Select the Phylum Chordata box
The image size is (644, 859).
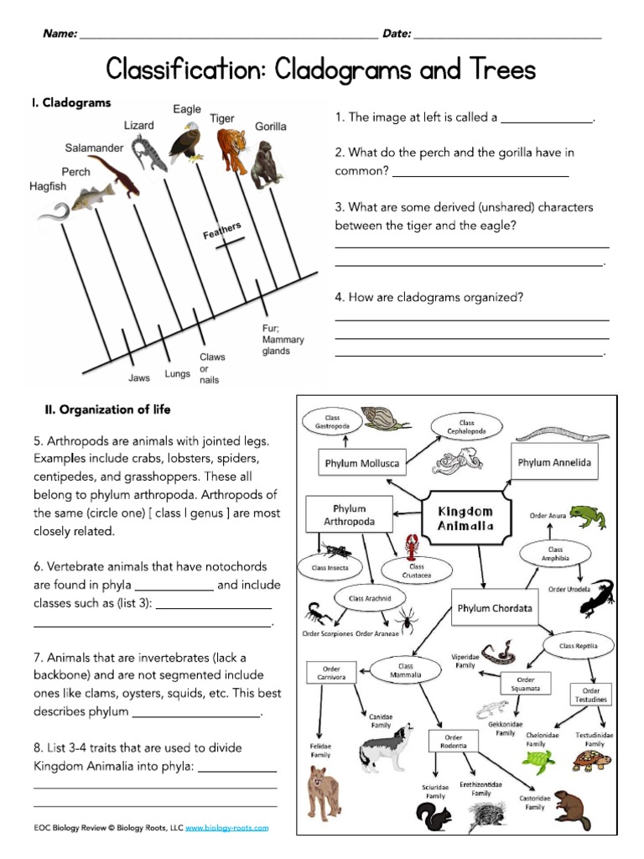(494, 609)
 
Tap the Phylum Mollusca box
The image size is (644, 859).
(361, 462)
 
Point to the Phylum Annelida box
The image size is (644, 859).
(554, 462)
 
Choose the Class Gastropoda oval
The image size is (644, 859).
(332, 421)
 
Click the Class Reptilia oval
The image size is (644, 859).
(578, 645)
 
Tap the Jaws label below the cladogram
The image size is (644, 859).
(139, 377)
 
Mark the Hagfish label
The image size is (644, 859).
(48, 186)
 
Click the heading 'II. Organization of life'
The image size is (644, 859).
(107, 409)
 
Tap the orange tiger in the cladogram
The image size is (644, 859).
(231, 151)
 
